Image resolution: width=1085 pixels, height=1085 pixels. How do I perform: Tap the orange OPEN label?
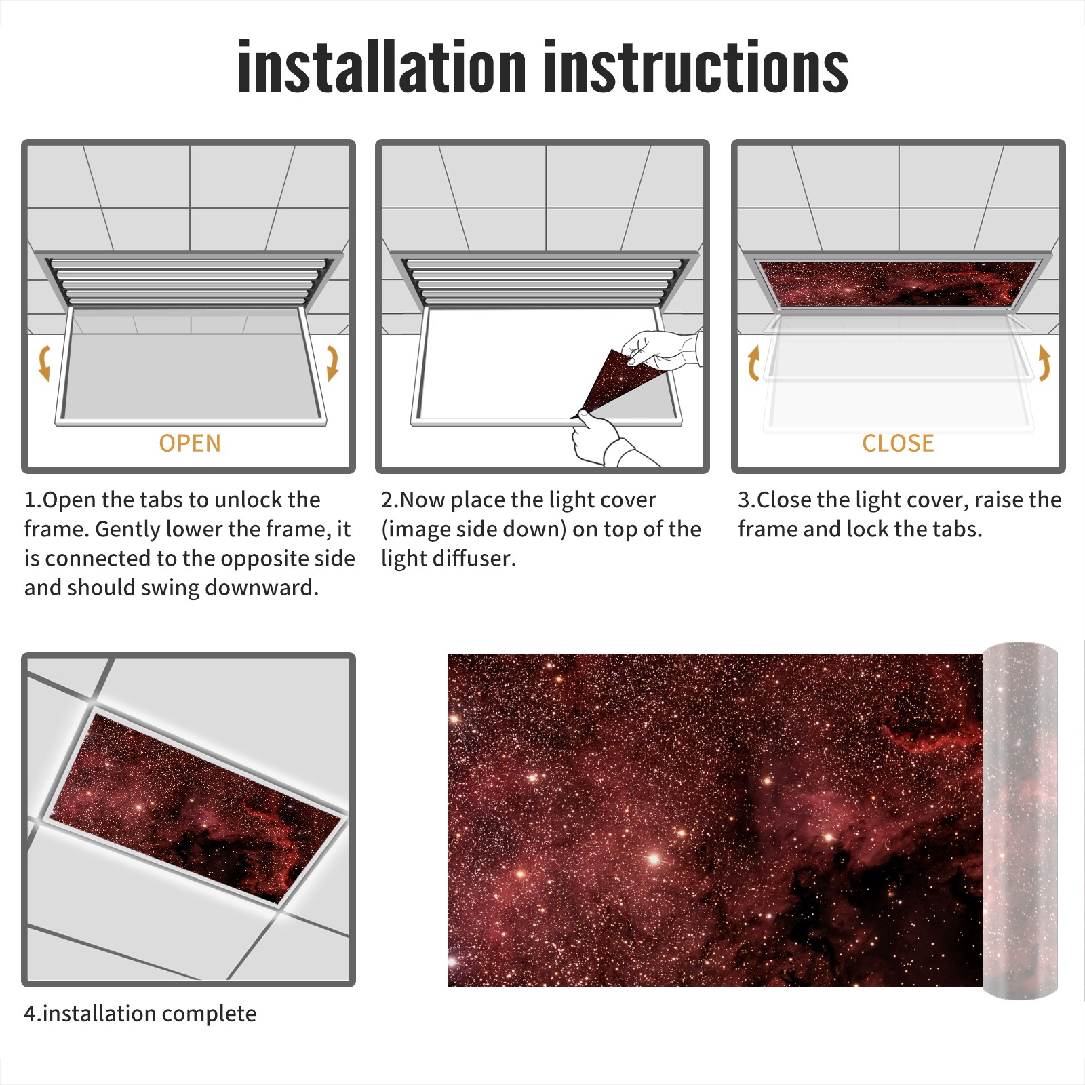(190, 443)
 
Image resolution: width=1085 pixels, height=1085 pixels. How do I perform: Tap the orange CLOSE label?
(898, 443)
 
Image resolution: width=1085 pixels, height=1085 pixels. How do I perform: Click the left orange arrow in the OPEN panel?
(45, 363)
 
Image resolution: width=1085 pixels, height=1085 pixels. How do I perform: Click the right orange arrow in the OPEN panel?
(332, 363)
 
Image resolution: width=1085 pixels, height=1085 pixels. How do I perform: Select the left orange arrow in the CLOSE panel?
(753, 363)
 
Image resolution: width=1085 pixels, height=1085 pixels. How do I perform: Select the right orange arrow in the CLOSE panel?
(1044, 363)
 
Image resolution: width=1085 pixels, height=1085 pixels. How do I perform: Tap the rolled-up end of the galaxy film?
(1020, 820)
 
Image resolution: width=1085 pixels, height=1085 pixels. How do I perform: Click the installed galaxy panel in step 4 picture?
(196, 807)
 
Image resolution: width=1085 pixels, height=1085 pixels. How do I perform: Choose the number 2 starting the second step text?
(387, 500)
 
